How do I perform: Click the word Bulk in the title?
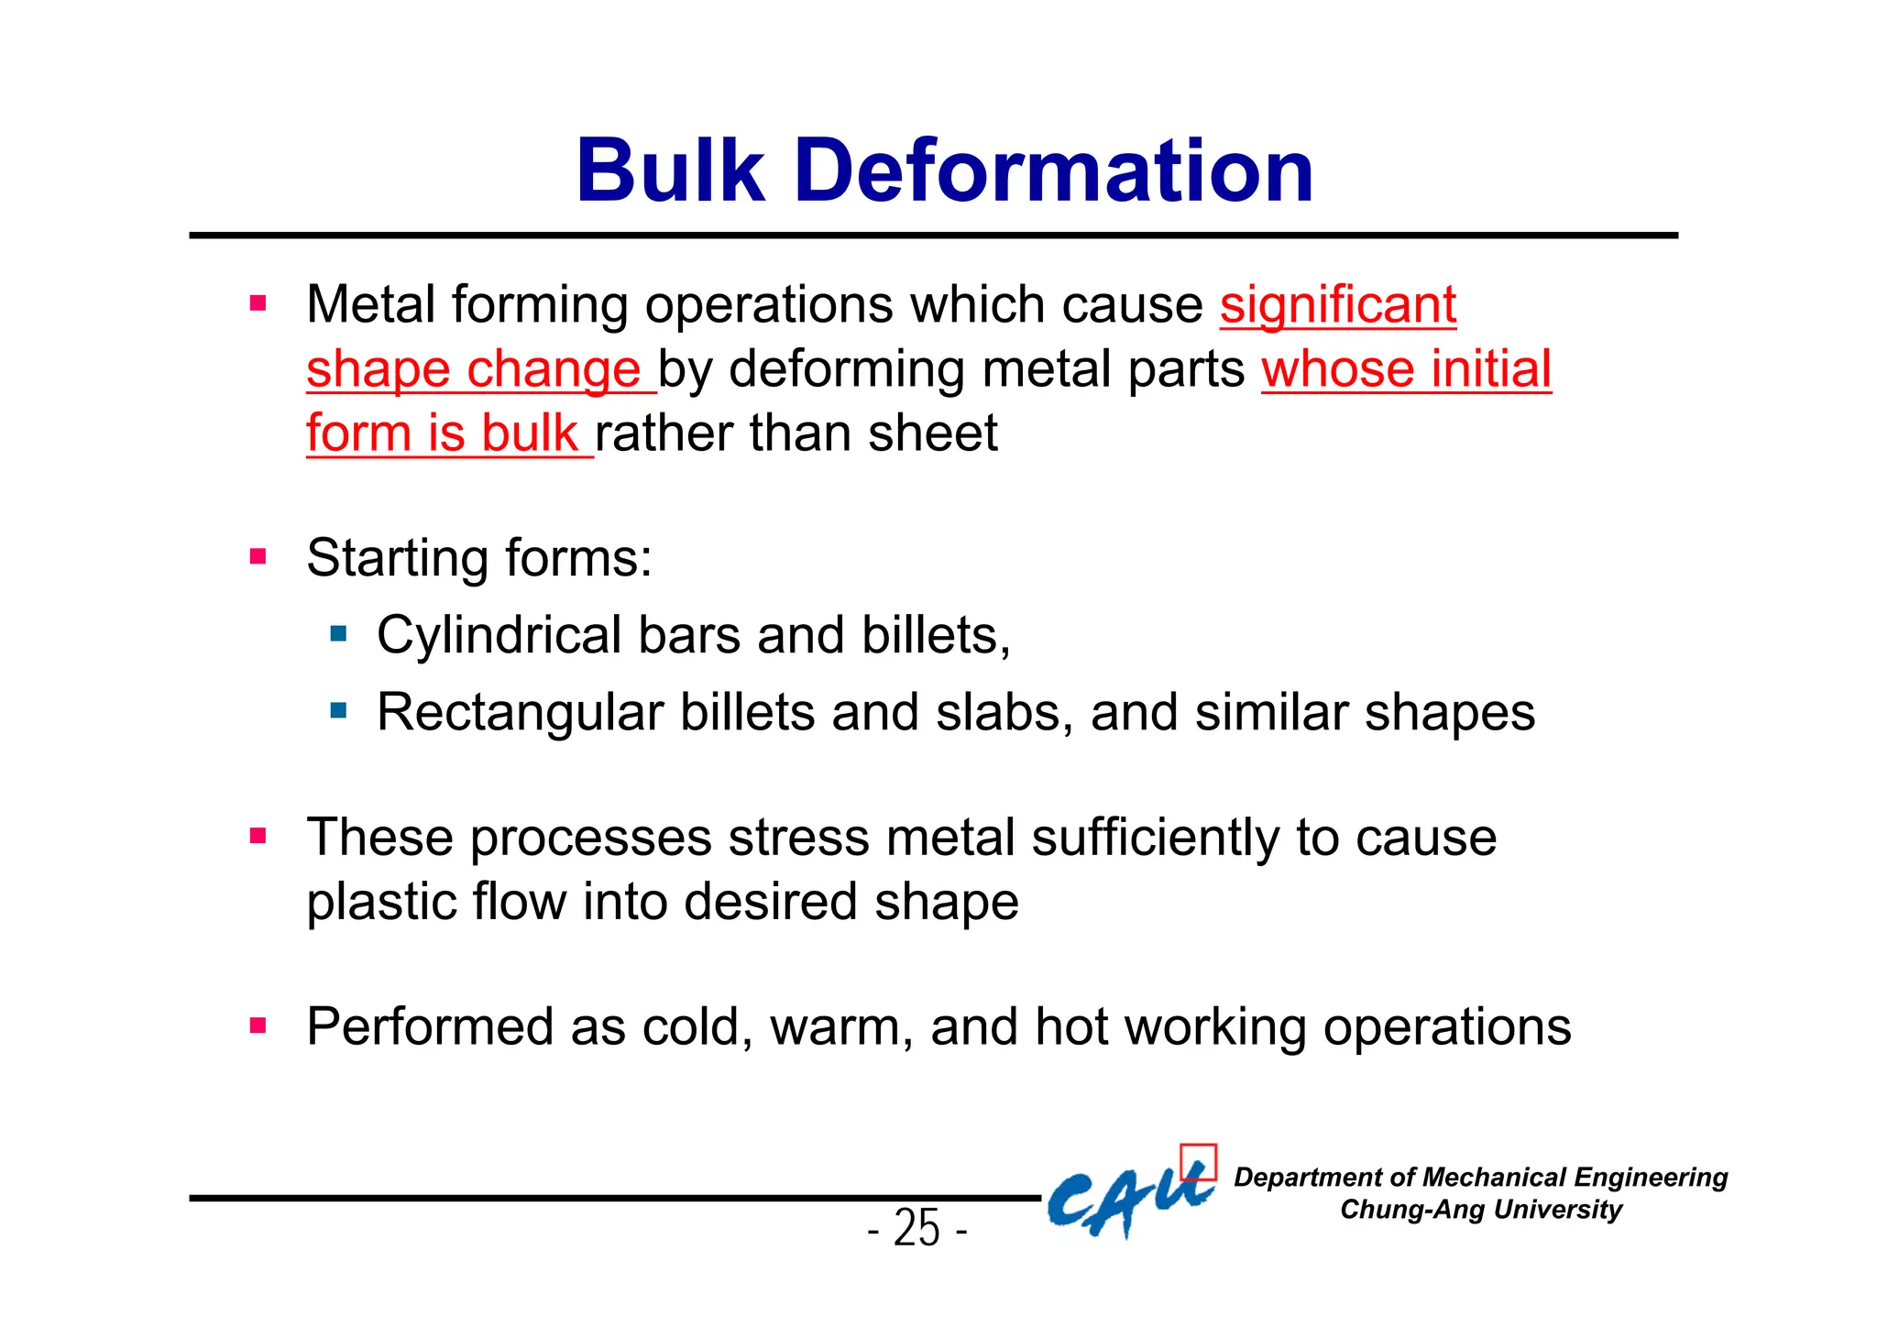[670, 171]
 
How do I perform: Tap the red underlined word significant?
[1337, 305]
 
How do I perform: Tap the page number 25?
[917, 1228]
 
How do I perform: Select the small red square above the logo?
[1198, 1162]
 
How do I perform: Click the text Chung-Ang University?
[1480, 1210]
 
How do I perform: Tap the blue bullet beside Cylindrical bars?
[339, 633]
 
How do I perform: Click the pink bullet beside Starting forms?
[258, 556]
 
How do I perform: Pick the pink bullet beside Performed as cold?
[258, 1025]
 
